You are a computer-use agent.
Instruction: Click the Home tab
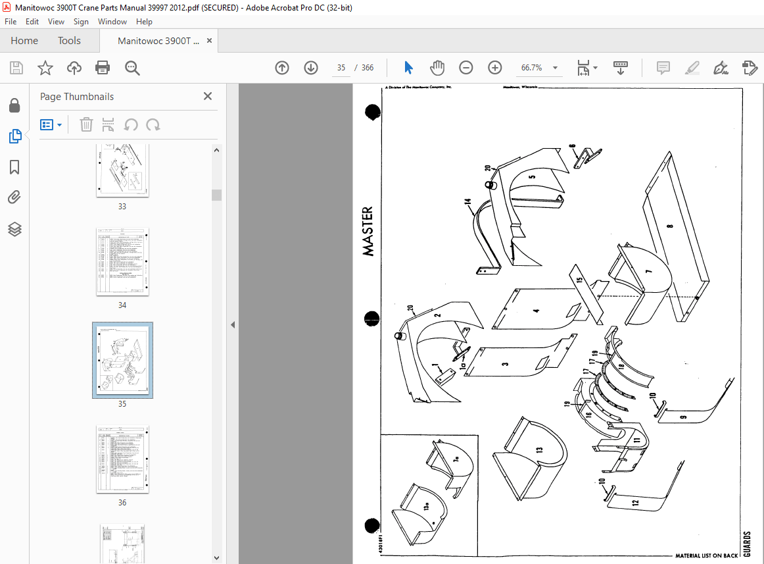coord(24,41)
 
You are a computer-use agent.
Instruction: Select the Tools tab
coord(69,41)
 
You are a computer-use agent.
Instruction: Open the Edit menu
coord(32,22)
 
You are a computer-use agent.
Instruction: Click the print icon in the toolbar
coord(103,68)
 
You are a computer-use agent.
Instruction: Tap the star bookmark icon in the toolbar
coord(45,68)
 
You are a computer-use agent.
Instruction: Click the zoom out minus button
coord(466,68)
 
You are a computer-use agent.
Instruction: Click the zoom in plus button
coord(494,68)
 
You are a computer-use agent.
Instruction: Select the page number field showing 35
coord(341,68)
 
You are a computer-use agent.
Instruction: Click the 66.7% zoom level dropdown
coord(539,68)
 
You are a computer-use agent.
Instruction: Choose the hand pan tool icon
coord(437,68)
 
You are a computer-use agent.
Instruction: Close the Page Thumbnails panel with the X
coord(208,96)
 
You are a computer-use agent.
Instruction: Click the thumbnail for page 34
coord(122,262)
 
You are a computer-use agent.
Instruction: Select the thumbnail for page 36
coord(122,459)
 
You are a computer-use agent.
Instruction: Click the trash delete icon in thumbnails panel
coord(86,124)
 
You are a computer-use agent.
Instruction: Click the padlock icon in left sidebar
coord(14,105)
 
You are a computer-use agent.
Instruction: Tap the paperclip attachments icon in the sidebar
coord(14,197)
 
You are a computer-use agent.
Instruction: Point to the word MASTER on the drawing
coord(368,232)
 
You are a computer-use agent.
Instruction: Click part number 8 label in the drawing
coord(670,226)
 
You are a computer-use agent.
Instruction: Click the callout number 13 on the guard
coord(539,450)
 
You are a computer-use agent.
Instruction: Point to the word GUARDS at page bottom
coord(747,545)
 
